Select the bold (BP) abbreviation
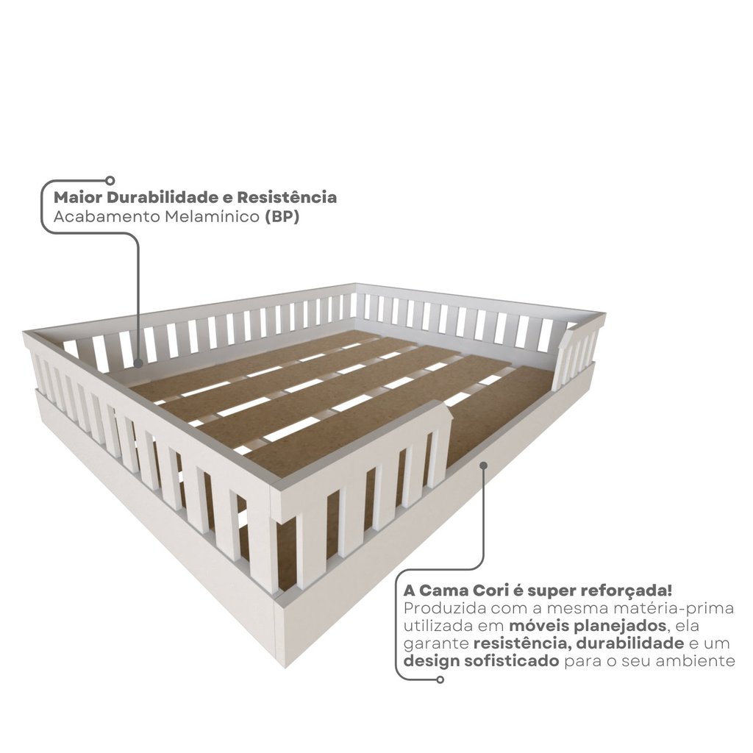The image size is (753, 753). click(282, 217)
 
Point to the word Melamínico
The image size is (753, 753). click(213, 217)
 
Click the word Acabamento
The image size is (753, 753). click(107, 217)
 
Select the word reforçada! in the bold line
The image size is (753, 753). click(627, 590)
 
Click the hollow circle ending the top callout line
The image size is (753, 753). click(110, 181)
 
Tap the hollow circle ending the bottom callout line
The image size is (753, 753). click(440, 679)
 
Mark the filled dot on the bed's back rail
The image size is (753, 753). click(138, 363)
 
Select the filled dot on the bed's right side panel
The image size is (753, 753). click(484, 465)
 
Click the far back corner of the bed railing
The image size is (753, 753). click(355, 284)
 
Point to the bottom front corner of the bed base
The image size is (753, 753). click(286, 667)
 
